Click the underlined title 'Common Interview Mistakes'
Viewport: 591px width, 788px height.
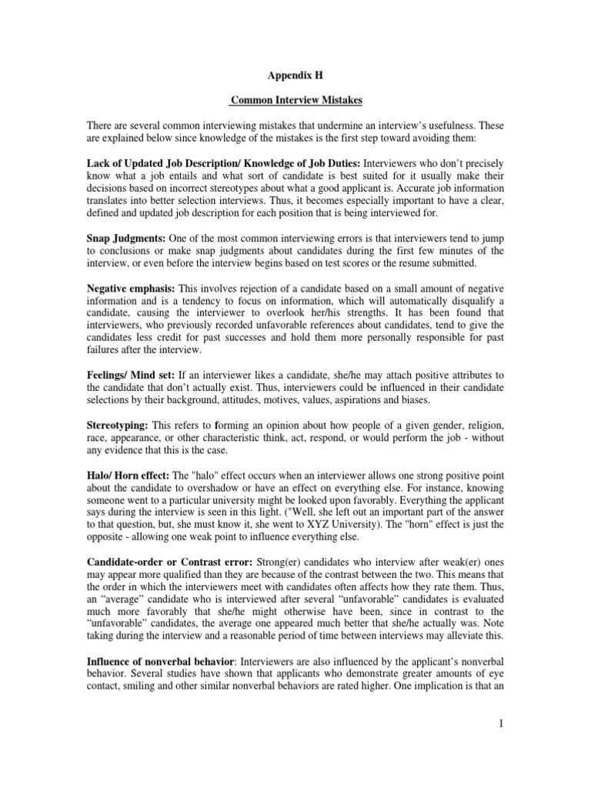pyautogui.click(x=295, y=100)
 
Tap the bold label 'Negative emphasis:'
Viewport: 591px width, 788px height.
pyautogui.click(x=132, y=287)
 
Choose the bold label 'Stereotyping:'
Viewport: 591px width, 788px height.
pyautogui.click(x=119, y=426)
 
